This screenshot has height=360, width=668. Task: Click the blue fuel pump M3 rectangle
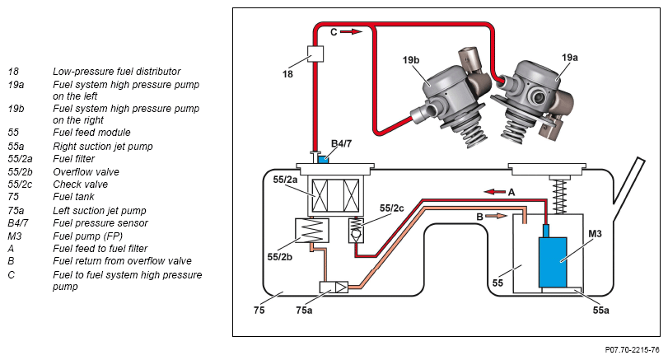tap(553, 262)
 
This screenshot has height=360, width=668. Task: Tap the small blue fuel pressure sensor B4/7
tap(324, 159)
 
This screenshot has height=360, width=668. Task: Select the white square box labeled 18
tap(315, 54)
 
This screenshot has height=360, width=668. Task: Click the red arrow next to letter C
tap(351, 31)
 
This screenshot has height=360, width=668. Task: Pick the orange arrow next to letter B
tap(497, 216)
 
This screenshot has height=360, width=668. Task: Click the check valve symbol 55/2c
tap(356, 231)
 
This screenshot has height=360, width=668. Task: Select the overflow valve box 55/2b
tap(312, 231)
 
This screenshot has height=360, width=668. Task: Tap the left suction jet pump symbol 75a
tap(334, 288)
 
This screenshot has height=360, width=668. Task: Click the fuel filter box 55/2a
tap(336, 195)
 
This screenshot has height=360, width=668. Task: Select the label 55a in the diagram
tap(600, 310)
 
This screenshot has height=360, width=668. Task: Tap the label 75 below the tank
tap(259, 310)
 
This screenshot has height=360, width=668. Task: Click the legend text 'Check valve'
tap(81, 185)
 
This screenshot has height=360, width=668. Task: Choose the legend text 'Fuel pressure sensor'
tap(100, 222)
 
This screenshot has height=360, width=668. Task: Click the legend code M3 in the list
tap(15, 236)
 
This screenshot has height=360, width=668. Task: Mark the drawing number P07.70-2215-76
tap(633, 350)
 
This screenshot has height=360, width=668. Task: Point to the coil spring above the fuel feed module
tap(559, 196)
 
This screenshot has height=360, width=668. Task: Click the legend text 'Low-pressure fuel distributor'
tap(117, 72)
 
